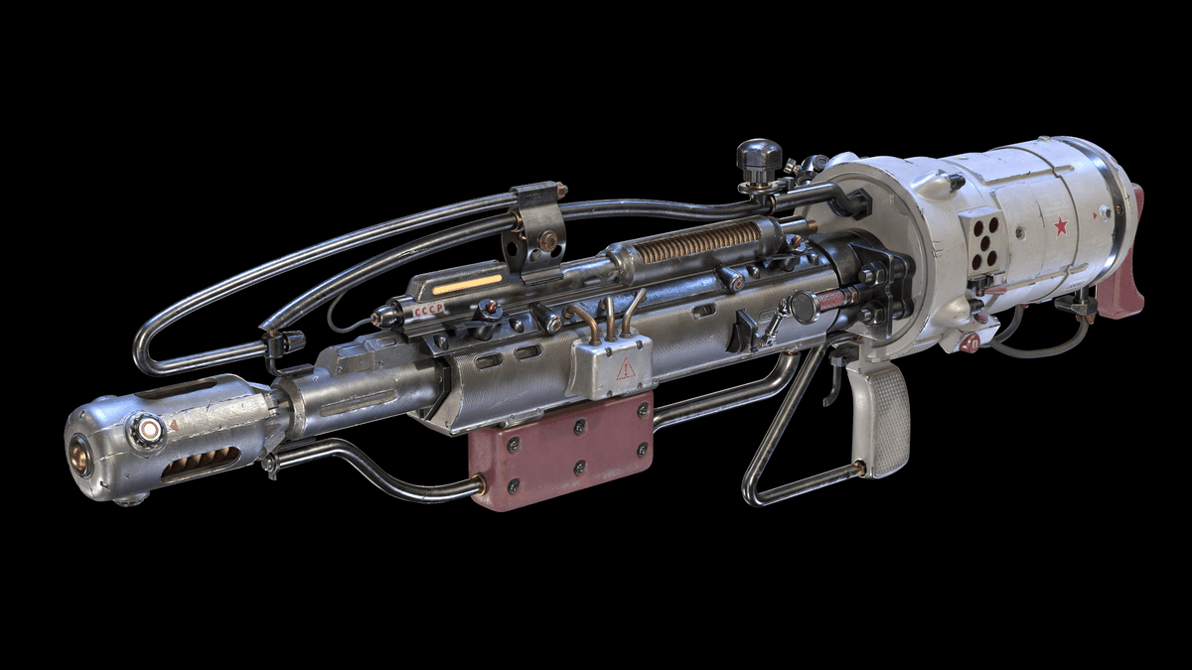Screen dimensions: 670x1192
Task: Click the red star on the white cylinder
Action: click(x=1060, y=226)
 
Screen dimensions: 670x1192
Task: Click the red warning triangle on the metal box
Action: click(x=626, y=369)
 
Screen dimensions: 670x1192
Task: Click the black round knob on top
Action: click(x=759, y=157)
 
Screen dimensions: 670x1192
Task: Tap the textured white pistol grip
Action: click(x=881, y=417)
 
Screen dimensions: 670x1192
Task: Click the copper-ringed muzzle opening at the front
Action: click(x=78, y=458)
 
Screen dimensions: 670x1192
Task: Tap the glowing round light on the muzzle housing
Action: click(x=149, y=430)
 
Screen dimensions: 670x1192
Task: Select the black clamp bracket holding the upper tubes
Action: click(x=535, y=228)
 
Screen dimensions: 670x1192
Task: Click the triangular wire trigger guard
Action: click(x=785, y=437)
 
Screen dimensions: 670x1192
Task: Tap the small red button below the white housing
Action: click(x=969, y=341)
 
